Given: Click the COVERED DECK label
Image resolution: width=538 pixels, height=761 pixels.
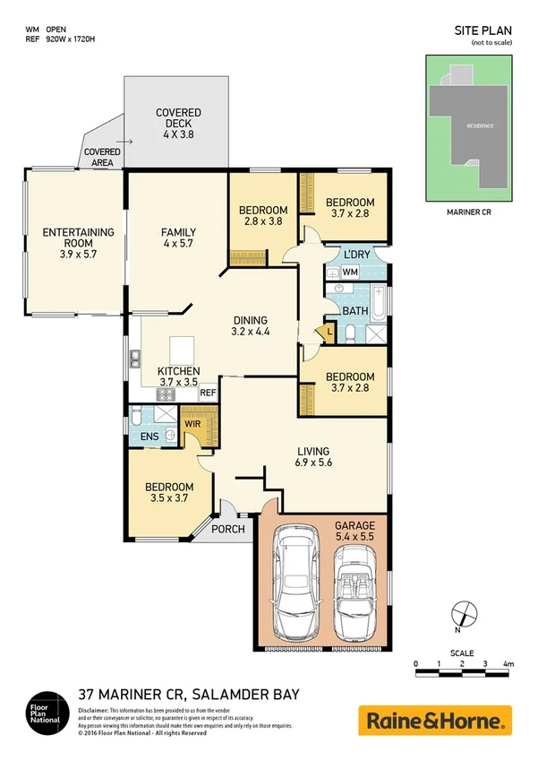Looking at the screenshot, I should tap(178, 123).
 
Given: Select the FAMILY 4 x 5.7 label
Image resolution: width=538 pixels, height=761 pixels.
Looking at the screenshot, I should tap(178, 238).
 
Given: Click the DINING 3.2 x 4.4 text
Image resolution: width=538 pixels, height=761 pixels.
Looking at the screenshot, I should tap(252, 325).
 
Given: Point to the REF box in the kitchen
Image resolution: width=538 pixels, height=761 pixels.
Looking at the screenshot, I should tap(208, 393).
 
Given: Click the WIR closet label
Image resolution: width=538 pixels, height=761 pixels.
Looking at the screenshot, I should tap(192, 422).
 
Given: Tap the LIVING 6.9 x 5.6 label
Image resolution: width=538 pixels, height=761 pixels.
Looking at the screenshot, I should tap(315, 457).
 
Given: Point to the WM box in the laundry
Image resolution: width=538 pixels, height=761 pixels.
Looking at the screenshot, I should tap(350, 271).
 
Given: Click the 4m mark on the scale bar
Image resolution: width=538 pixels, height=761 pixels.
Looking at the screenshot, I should tap(508, 664).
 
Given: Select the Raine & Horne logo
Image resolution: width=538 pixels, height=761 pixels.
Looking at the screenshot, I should tap(435, 719).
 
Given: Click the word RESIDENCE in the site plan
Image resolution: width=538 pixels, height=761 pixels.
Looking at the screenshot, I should tap(479, 125).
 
